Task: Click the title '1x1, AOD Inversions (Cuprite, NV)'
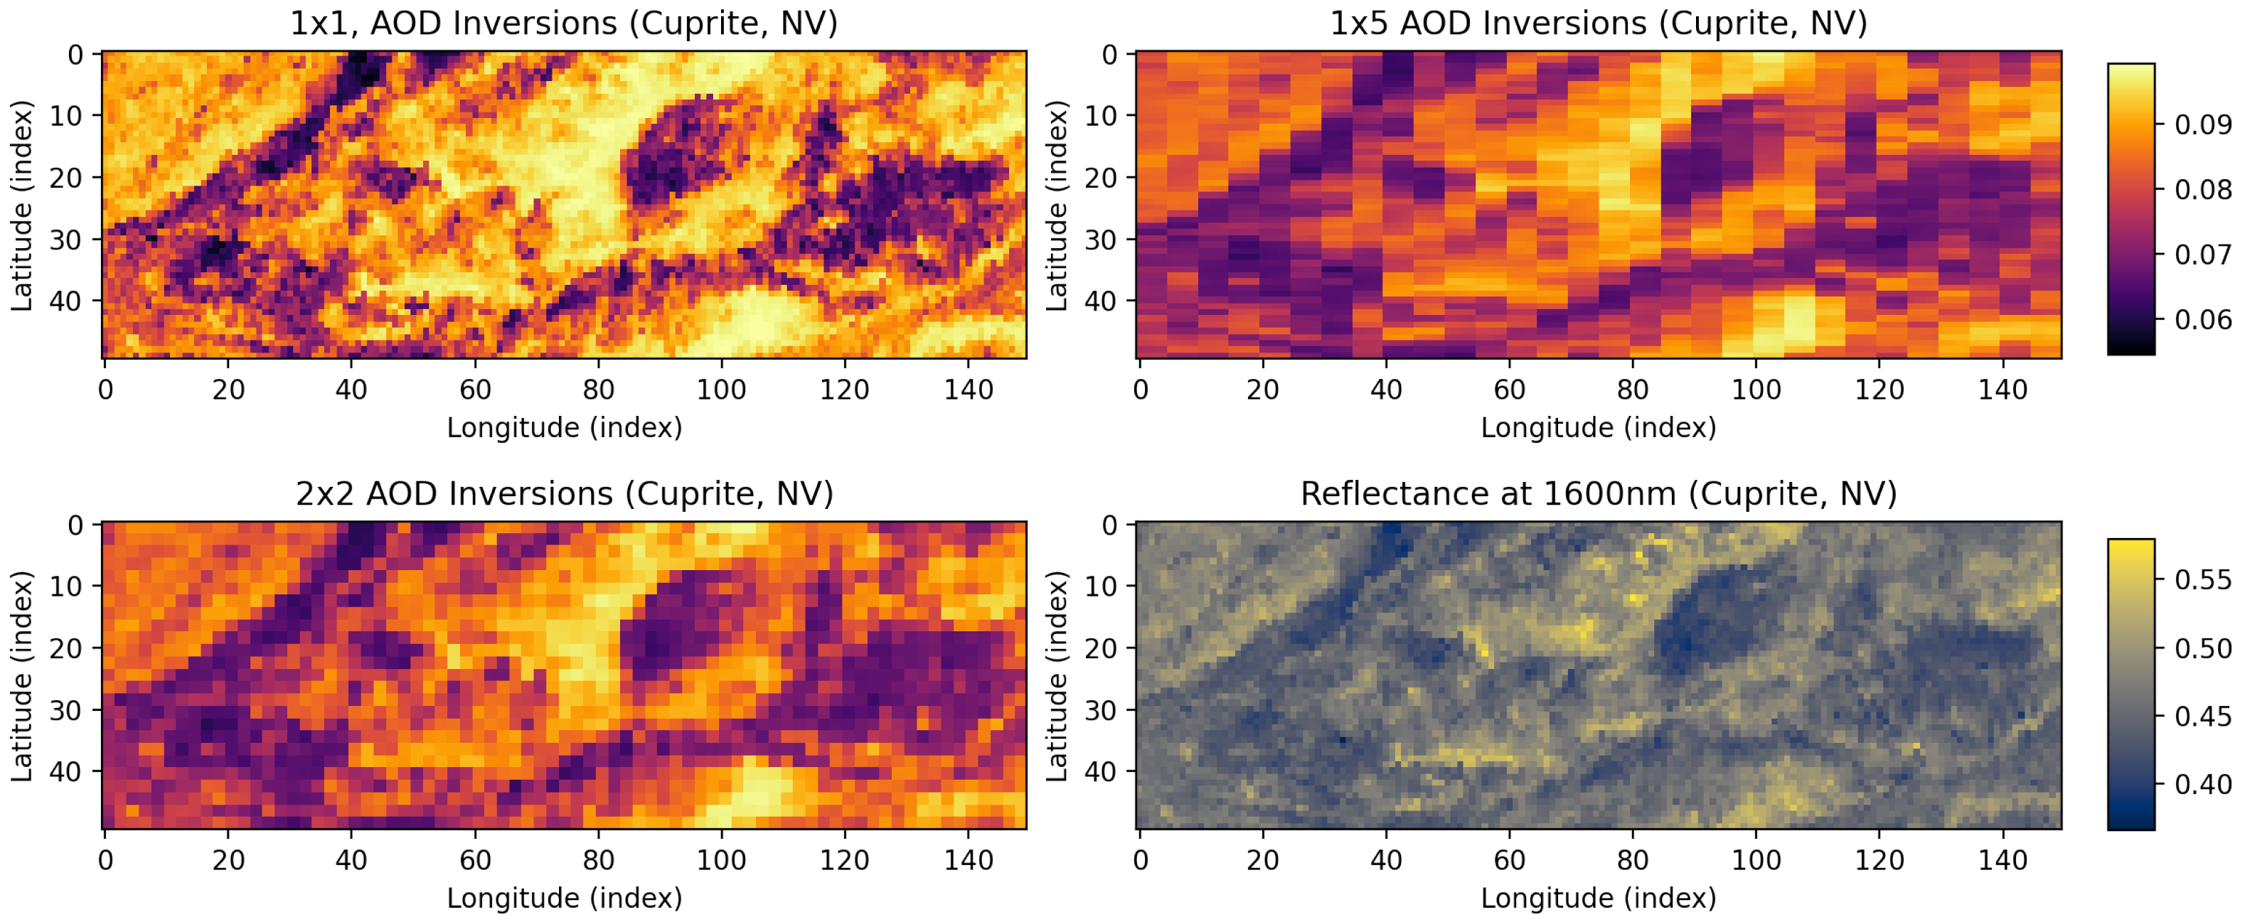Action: click(564, 23)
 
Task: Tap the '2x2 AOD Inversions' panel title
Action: click(564, 493)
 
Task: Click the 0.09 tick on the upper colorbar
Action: click(2202, 124)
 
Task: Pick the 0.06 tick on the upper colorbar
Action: click(2202, 320)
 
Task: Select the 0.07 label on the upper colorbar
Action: click(2202, 254)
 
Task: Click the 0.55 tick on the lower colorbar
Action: click(2202, 579)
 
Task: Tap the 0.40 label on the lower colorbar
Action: click(2202, 784)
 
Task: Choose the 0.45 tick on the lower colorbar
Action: click(2202, 717)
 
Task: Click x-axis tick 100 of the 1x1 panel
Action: click(721, 390)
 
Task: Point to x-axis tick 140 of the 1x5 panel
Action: click(2002, 390)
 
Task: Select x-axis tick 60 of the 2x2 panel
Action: click(475, 860)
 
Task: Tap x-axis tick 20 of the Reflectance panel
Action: click(1262, 860)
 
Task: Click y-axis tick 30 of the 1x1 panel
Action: click(65, 239)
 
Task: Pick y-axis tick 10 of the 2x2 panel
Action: click(65, 586)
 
